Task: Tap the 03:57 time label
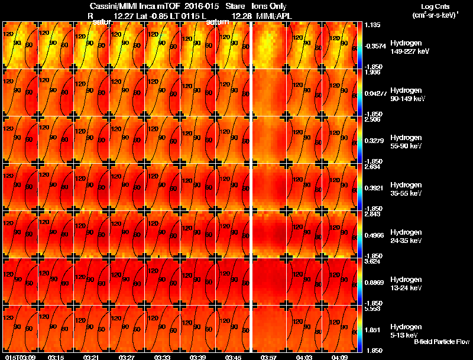269,357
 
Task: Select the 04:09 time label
340,357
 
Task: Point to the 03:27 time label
127,357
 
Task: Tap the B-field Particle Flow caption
441,342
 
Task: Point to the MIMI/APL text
274,16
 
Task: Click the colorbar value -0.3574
376,45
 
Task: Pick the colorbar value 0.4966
376,235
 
